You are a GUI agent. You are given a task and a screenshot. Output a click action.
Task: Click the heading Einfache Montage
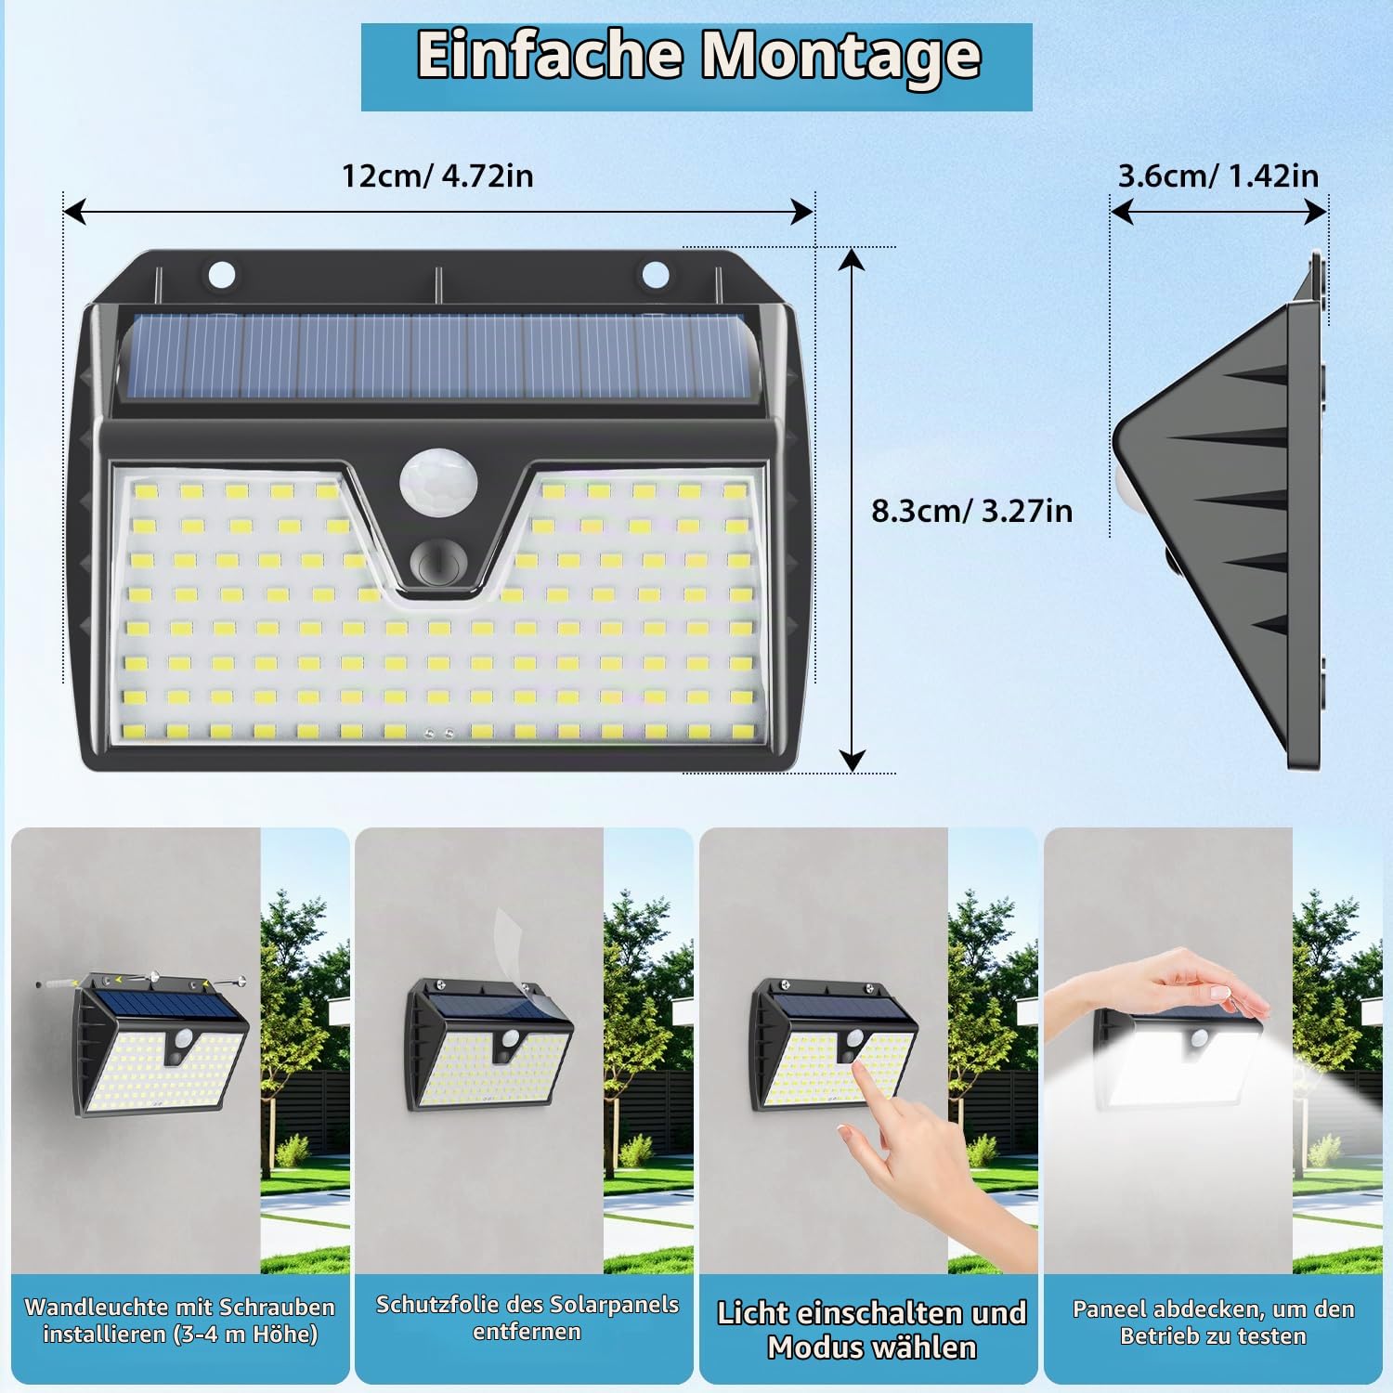point(698,56)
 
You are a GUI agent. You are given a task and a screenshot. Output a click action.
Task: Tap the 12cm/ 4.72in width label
point(437,176)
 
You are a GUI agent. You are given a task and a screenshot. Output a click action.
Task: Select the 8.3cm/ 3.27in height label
point(971,511)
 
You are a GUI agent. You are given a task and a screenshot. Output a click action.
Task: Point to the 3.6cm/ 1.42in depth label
point(1217,176)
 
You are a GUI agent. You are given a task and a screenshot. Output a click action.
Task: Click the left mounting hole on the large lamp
point(222,275)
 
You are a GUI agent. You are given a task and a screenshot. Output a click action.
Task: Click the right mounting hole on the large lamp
point(655,274)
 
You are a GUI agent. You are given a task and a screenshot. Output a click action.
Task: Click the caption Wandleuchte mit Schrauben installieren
point(180,1321)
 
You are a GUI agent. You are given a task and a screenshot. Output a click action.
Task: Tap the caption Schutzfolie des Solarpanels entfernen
point(527,1318)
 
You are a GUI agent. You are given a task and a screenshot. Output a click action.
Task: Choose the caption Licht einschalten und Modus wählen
point(871,1330)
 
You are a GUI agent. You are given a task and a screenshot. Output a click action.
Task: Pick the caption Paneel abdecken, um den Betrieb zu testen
point(1213,1322)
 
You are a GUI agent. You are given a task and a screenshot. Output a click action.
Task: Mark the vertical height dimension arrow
point(852,510)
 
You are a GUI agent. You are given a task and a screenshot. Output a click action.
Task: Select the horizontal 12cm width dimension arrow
point(438,213)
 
